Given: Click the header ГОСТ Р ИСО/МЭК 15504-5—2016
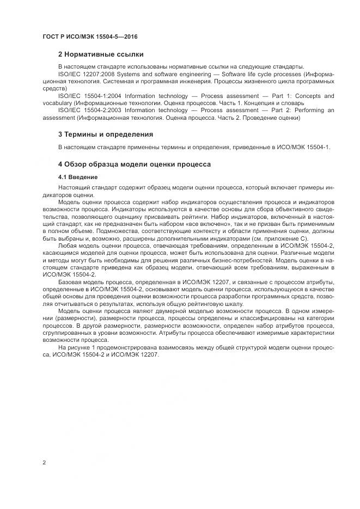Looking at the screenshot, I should pyautogui.click(x=89, y=36).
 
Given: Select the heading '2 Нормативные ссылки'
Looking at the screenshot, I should pyautogui.click(x=101, y=54).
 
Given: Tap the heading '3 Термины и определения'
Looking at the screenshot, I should pyautogui.click(x=105, y=134).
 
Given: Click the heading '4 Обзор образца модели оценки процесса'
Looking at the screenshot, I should pyautogui.click(x=134, y=164).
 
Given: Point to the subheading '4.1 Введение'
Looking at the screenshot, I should pyautogui.click(x=78, y=177).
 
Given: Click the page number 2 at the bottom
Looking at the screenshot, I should pyautogui.click(x=44, y=463).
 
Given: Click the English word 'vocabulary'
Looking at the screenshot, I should pyautogui.click(x=57, y=103).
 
